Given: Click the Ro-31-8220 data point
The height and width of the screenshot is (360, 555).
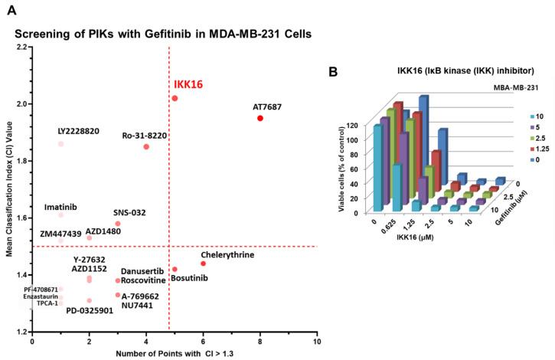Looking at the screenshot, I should click(x=146, y=146).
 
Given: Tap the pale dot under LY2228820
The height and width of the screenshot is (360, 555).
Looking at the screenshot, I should click(x=60, y=144).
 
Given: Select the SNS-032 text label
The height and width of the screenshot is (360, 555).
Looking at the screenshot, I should click(x=129, y=212).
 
